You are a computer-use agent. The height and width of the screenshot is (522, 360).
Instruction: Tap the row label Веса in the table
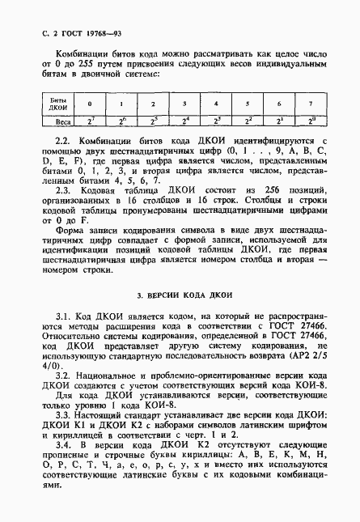pyautogui.click(x=57, y=122)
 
